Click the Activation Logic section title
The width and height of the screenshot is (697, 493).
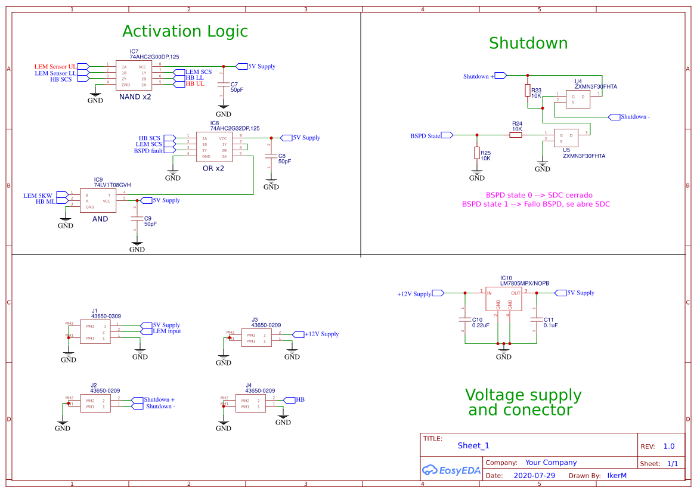pos(185,31)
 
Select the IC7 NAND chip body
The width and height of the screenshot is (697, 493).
pos(134,75)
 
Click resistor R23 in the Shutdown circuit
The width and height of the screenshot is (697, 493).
pos(527,90)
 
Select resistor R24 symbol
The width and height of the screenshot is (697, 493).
pos(516,135)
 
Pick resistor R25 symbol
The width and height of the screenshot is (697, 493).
pos(476,153)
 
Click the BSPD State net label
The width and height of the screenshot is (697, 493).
pos(425,136)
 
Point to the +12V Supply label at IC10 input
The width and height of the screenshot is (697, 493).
pos(414,294)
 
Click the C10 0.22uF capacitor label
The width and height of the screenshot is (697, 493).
pos(481,323)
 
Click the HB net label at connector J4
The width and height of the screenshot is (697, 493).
pos(300,399)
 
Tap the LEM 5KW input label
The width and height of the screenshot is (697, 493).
pos(38,196)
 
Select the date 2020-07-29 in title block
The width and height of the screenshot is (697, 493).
pos(534,476)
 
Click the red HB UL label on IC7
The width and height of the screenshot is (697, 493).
pos(195,84)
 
